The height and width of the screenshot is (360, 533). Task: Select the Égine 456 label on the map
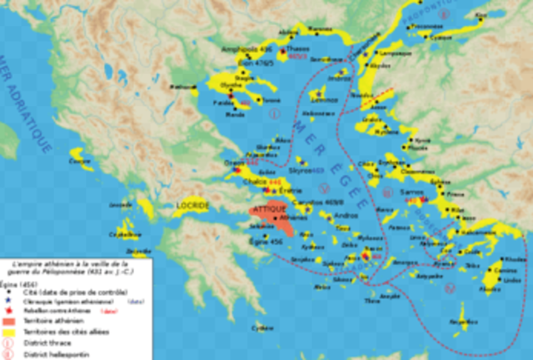266,241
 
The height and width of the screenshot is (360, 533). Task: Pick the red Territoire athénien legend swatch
7,321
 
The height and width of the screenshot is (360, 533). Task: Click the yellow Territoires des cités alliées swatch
7,331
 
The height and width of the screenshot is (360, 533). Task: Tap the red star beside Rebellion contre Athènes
7,311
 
